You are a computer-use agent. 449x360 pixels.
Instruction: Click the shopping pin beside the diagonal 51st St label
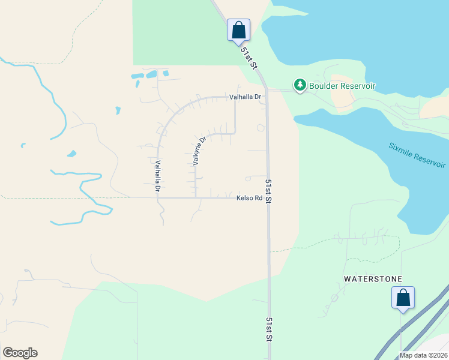click(238, 29)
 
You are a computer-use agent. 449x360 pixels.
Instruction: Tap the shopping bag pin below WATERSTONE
click(403, 297)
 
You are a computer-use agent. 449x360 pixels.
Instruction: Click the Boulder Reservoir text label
click(342, 86)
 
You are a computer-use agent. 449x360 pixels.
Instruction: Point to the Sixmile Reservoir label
click(417, 155)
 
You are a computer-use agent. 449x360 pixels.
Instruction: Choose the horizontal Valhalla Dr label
click(246, 97)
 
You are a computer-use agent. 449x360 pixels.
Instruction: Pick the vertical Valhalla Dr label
click(158, 176)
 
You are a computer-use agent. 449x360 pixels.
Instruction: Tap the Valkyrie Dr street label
click(200, 151)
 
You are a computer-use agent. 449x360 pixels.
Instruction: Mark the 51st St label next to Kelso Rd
click(269, 190)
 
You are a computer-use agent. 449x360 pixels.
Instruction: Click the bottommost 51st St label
click(270, 329)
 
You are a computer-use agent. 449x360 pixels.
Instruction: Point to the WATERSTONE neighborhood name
click(373, 279)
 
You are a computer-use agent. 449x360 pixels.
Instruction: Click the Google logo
click(20, 353)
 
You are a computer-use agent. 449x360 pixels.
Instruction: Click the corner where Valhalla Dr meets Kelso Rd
click(158, 197)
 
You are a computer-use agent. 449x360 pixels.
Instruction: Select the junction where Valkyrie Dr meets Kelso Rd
click(196, 197)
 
